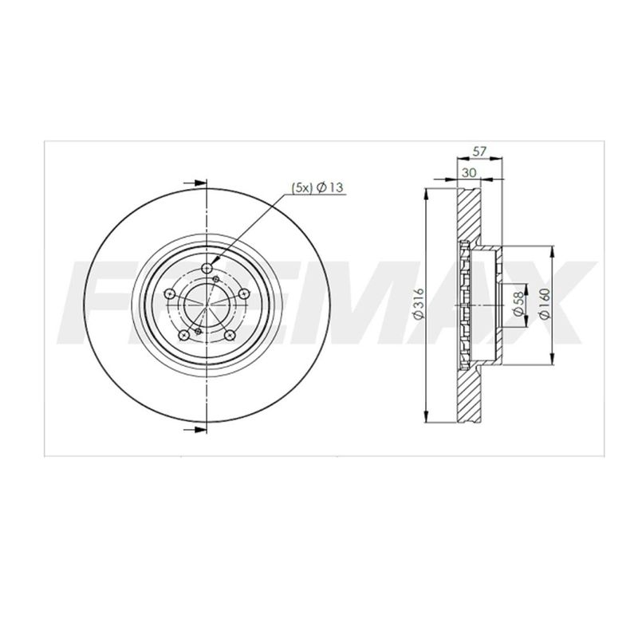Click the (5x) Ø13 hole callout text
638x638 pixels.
point(317,187)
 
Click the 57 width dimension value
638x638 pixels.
point(480,152)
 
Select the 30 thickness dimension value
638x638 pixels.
point(469,172)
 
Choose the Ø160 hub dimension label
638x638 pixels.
point(545,304)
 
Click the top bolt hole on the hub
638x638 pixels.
point(207,268)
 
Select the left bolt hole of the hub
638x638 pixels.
point(169,293)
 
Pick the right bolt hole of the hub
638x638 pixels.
point(243,293)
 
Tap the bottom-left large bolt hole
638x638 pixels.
point(184,335)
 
